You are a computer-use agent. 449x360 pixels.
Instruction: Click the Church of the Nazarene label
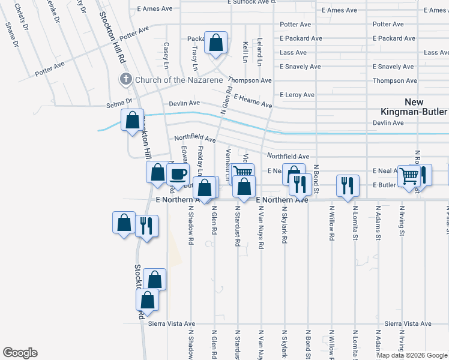pyautogui.click(x=179, y=80)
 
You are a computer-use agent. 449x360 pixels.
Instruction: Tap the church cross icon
pyautogui.click(x=126, y=79)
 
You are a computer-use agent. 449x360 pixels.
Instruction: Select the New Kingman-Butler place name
pyautogui.click(x=413, y=107)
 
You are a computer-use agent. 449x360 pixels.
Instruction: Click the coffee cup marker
pyautogui.click(x=178, y=175)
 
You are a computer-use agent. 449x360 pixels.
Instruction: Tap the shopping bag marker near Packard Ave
pyautogui.click(x=215, y=43)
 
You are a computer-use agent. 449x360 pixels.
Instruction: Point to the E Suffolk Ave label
pyautogui.click(x=250, y=2)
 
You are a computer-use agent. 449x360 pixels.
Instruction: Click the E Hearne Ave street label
pyautogui.click(x=253, y=101)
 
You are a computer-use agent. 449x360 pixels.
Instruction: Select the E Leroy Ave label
pyautogui.click(x=297, y=95)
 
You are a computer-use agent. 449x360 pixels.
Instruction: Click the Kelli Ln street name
pyautogui.click(x=246, y=52)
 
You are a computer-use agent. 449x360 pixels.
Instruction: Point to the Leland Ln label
pyautogui.click(x=259, y=53)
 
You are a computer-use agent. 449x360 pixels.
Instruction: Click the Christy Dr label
pyautogui.click(x=20, y=17)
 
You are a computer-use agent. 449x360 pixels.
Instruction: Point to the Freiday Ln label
pyautogui.click(x=200, y=161)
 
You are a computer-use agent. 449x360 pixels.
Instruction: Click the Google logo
pyautogui.click(x=20, y=353)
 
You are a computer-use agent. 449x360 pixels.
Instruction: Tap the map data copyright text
pyautogui.click(x=412, y=355)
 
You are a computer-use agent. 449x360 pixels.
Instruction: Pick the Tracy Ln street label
pyautogui.click(x=195, y=53)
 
